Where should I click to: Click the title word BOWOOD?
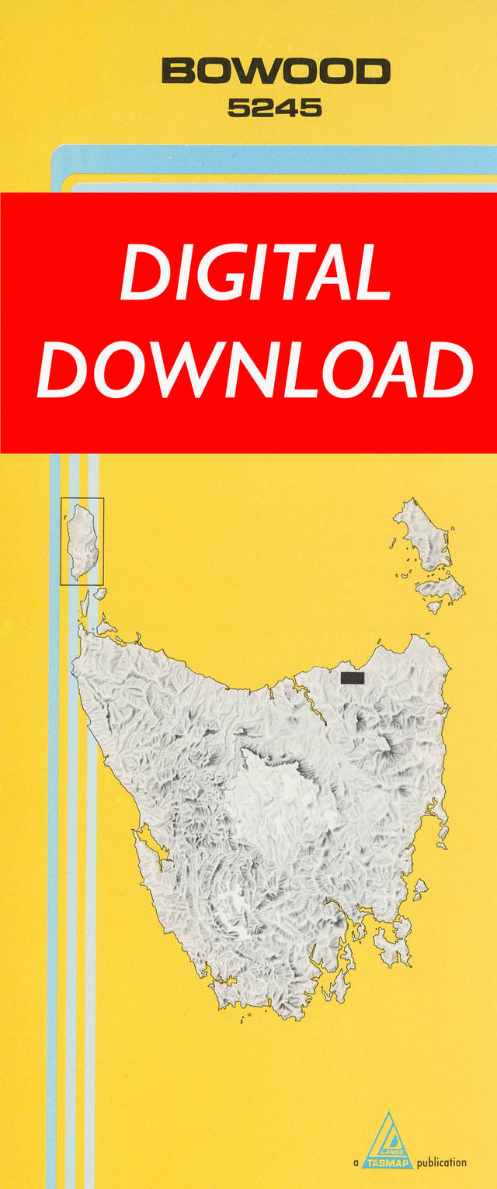point(276,72)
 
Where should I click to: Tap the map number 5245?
point(275,109)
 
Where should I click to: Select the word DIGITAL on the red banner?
point(255,274)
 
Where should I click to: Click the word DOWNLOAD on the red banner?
point(255,369)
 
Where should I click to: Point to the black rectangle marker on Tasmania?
point(353,678)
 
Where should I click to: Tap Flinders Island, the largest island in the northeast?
point(424,535)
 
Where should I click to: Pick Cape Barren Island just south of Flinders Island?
point(440,588)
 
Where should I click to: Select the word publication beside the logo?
point(442,1163)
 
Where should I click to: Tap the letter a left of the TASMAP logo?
point(356,1163)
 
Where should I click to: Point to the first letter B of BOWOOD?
point(177,72)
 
